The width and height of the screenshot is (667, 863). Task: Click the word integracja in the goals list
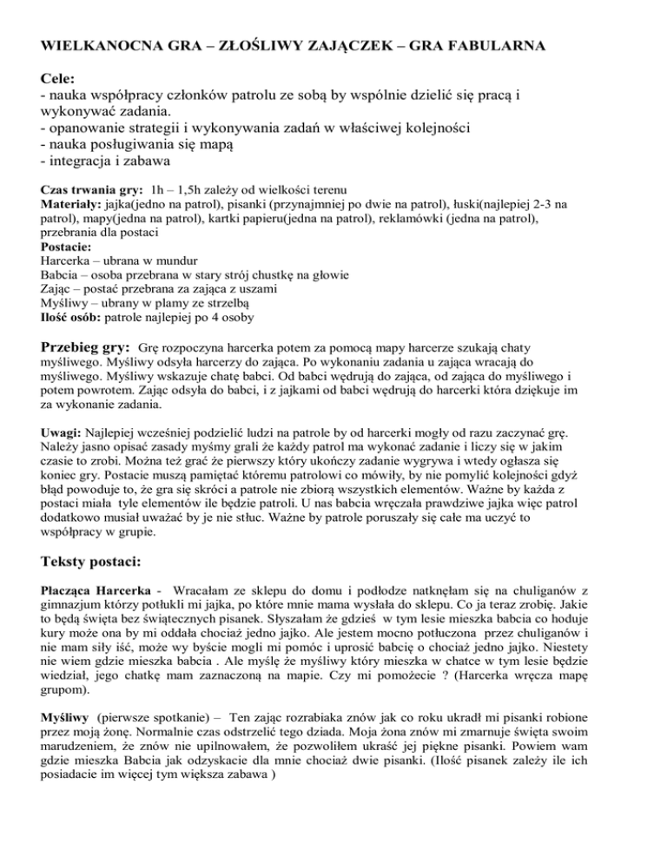pos(84,161)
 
